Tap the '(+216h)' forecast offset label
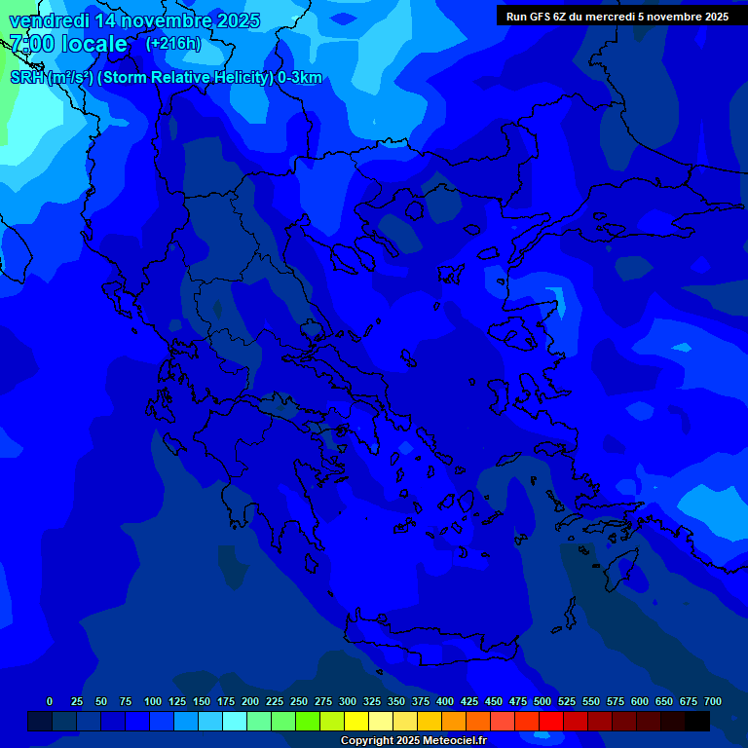[173, 44]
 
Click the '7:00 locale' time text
[69, 45]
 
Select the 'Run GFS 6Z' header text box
[617, 17]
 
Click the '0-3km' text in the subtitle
[300, 78]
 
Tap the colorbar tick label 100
[153, 701]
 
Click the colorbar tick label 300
[348, 701]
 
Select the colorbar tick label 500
[542, 701]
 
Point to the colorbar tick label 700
[713, 701]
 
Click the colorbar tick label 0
[50, 701]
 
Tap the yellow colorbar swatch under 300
[356, 722]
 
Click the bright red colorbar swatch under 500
[551, 722]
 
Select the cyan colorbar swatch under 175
[235, 722]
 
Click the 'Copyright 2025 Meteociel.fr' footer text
[413, 741]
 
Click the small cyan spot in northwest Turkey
[558, 302]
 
